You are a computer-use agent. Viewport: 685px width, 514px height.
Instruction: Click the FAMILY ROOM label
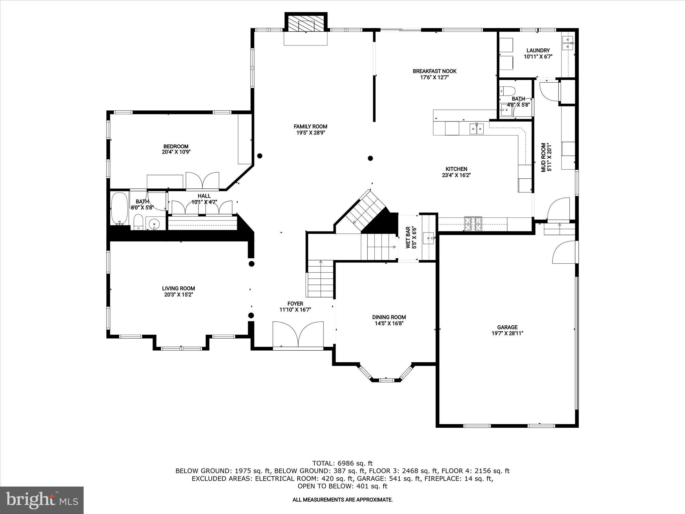(310, 126)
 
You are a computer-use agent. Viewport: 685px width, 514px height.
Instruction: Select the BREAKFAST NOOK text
(434, 71)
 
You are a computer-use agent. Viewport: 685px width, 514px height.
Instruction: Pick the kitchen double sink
(477, 128)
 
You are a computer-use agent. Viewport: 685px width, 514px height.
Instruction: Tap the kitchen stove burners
(473, 224)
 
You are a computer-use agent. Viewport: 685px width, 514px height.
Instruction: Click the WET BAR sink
(428, 238)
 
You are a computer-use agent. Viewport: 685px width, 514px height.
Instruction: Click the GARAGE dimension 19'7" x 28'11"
(507, 333)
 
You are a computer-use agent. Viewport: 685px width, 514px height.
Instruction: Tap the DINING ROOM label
(389, 317)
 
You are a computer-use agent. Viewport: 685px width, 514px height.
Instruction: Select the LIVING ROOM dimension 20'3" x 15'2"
(178, 294)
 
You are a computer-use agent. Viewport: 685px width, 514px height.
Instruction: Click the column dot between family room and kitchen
(370, 158)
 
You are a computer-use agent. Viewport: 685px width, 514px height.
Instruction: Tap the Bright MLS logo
(42, 500)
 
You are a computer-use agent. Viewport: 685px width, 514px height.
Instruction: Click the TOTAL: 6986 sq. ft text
(342, 463)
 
